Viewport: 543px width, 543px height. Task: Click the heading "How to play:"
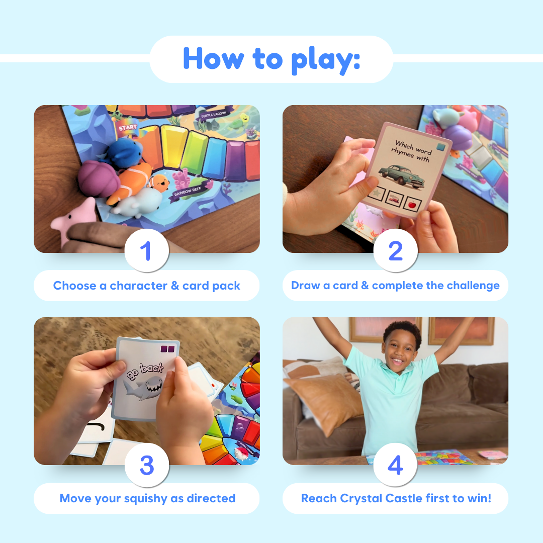coord(271,59)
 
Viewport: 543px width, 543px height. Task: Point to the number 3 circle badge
coord(146,465)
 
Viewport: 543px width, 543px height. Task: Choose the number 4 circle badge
coord(395,465)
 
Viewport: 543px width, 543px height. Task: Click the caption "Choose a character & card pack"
coord(146,286)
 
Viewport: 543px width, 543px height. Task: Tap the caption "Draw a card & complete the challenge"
coord(395,286)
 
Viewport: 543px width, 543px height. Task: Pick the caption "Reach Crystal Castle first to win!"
coord(396,498)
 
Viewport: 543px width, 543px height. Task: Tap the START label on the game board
coord(128,128)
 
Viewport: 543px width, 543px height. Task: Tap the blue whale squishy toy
coord(126,152)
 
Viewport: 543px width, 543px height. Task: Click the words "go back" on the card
coord(145,368)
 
